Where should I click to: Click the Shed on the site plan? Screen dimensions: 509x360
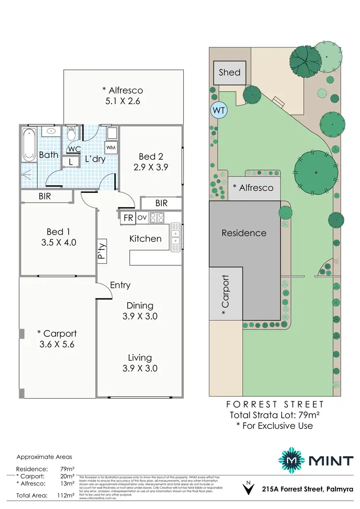(x=229, y=73)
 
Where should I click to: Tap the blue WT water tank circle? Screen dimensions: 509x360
(x=219, y=110)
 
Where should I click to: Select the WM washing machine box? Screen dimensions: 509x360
(x=110, y=147)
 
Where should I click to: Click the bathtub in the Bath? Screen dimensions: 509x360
(x=28, y=142)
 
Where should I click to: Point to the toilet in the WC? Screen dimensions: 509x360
(x=72, y=132)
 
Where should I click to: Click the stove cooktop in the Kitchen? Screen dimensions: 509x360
(x=157, y=218)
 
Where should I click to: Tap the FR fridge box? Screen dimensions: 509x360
(x=128, y=217)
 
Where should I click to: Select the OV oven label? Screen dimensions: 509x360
(x=142, y=217)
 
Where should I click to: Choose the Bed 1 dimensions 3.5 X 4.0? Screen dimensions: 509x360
(x=58, y=242)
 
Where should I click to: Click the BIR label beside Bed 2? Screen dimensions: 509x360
(x=161, y=203)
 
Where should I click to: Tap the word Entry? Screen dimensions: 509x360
(x=120, y=285)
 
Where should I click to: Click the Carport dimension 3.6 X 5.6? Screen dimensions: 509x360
(x=57, y=344)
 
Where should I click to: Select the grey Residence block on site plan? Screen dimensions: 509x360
(x=244, y=233)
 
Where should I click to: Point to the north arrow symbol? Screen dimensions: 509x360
(x=248, y=488)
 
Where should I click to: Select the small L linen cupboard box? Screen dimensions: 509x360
(x=71, y=162)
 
